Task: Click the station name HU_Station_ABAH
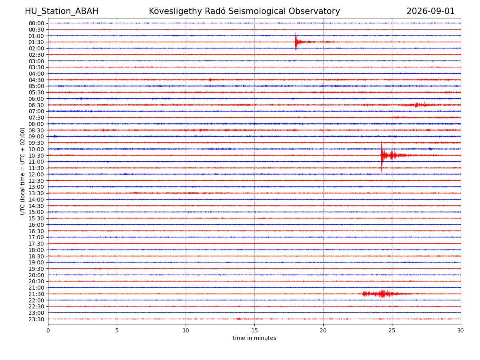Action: tap(62, 11)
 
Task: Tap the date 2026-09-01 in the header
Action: tap(430, 11)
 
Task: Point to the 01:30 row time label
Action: tap(36, 42)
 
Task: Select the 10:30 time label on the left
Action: tap(36, 156)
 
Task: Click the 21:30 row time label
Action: tap(36, 294)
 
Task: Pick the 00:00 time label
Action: tap(36, 23)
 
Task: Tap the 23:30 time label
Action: tap(36, 319)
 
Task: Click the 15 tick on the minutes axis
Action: tap(254, 330)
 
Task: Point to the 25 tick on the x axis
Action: tap(392, 330)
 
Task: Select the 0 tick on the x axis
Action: tap(48, 330)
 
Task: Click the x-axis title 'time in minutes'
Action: tap(254, 338)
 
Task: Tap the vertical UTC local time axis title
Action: tap(22, 171)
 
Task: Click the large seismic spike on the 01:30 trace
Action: tap(296, 42)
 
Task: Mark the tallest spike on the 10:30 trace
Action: tap(381, 157)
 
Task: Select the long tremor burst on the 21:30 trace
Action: tap(385, 294)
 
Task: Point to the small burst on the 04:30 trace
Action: tap(210, 80)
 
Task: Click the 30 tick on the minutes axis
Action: tap(460, 330)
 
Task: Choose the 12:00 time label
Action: tap(36, 174)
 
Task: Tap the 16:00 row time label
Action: tap(36, 225)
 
